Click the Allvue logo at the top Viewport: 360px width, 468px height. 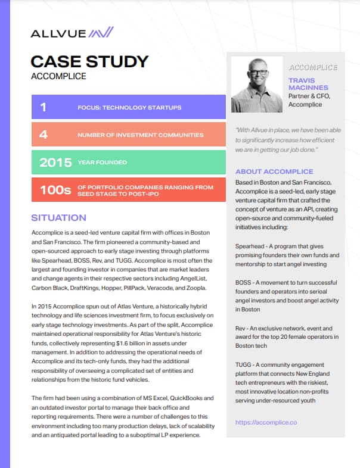point(72,32)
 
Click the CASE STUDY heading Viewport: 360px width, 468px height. point(89,61)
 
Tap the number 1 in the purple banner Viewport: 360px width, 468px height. point(43,107)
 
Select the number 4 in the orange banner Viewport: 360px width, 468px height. point(43,135)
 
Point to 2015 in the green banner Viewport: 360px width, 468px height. point(54,162)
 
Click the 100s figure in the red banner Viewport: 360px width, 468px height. point(55,191)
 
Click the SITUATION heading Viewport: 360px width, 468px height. point(58,218)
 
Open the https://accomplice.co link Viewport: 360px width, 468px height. point(266,422)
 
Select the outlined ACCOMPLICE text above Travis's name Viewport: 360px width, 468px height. point(313,68)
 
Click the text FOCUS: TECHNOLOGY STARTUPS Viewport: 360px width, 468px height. point(129,108)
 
